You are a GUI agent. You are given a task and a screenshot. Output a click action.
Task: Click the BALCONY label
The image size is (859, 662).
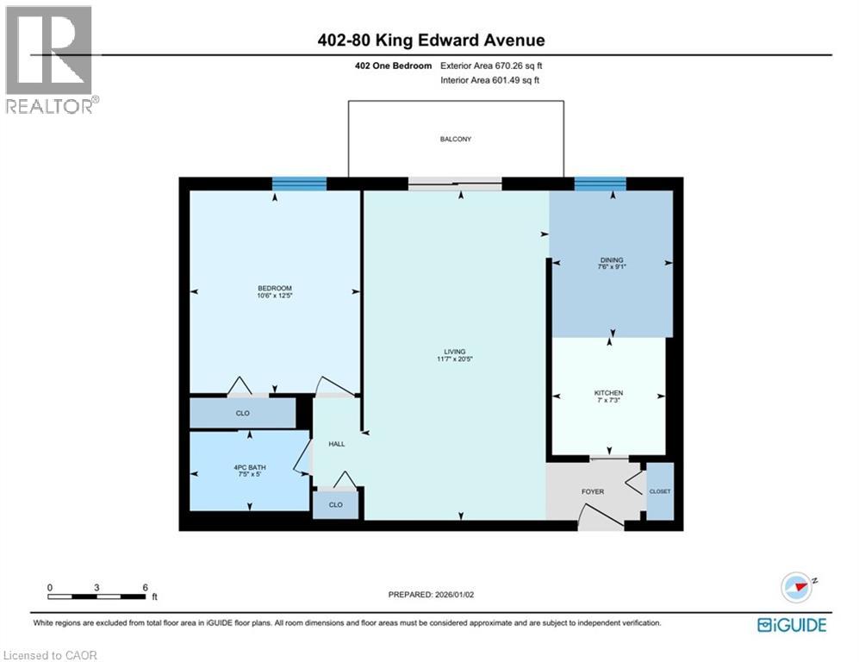[456, 139]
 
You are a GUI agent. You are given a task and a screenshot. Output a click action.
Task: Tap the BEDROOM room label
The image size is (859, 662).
[274, 288]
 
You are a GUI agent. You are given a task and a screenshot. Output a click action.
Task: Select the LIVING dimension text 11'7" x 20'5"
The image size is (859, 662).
[455, 361]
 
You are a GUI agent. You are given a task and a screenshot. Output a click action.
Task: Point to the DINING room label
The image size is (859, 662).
[612, 259]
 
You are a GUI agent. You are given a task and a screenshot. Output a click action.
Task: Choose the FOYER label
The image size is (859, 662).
[593, 491]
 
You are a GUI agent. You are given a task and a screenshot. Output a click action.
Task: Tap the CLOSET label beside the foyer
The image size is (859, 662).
[660, 491]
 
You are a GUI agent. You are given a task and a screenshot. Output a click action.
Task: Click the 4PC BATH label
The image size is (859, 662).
[250, 468]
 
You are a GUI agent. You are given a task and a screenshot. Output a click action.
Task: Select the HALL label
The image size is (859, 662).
[337, 443]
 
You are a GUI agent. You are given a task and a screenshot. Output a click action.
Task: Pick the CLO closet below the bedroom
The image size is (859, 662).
[243, 414]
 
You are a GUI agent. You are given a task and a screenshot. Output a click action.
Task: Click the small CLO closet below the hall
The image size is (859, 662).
[336, 504]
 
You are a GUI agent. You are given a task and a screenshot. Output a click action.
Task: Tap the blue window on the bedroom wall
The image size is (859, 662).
[299, 183]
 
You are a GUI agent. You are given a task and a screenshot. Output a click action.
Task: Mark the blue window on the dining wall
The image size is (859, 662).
[600, 183]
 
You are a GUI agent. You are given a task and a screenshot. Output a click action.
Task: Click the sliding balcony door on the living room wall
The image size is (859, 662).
[455, 183]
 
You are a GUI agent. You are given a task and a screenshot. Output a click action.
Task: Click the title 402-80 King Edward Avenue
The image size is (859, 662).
[429, 41]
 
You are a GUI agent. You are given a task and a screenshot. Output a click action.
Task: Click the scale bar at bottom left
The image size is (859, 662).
[97, 596]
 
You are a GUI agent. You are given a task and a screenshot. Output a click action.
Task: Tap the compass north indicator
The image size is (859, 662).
[797, 587]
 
